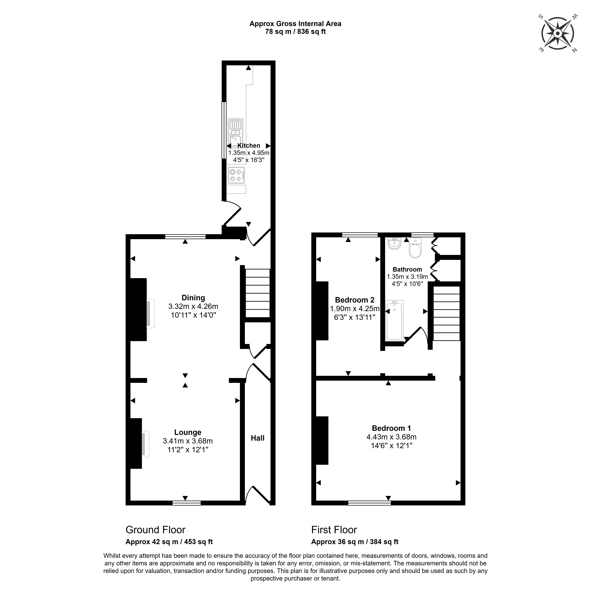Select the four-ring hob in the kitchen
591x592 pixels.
coord(236,175)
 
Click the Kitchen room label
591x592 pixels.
coord(249,146)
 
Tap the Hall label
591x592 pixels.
coord(258,438)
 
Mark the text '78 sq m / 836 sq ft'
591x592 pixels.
coord(295,32)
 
